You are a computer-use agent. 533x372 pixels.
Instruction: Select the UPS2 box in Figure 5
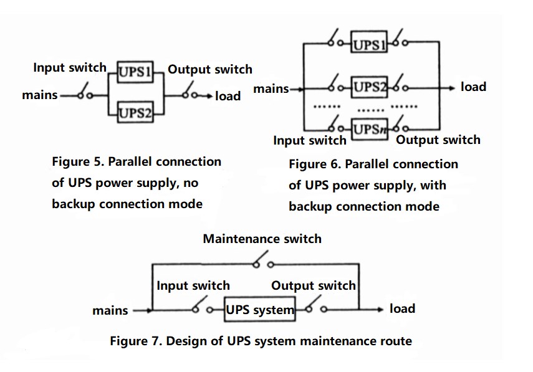pyautogui.click(x=135, y=112)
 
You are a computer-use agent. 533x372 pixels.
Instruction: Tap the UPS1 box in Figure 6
pyautogui.click(x=369, y=44)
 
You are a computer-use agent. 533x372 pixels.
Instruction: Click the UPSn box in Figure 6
pyautogui.click(x=369, y=129)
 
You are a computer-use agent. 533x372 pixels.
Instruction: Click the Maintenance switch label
pyautogui.click(x=262, y=239)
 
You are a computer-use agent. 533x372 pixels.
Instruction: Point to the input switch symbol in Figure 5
pyautogui.click(x=86, y=95)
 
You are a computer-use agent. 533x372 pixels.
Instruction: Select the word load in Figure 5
pyautogui.click(x=228, y=96)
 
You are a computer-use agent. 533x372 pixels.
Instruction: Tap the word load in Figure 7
pyautogui.click(x=402, y=308)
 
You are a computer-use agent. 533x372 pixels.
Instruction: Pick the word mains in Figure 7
pyautogui.click(x=110, y=310)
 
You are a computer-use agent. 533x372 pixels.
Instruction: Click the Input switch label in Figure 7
pyautogui.click(x=193, y=286)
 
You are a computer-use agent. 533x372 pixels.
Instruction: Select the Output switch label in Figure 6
pyautogui.click(x=438, y=140)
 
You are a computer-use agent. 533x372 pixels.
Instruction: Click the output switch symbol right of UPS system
pyautogui.click(x=315, y=308)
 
